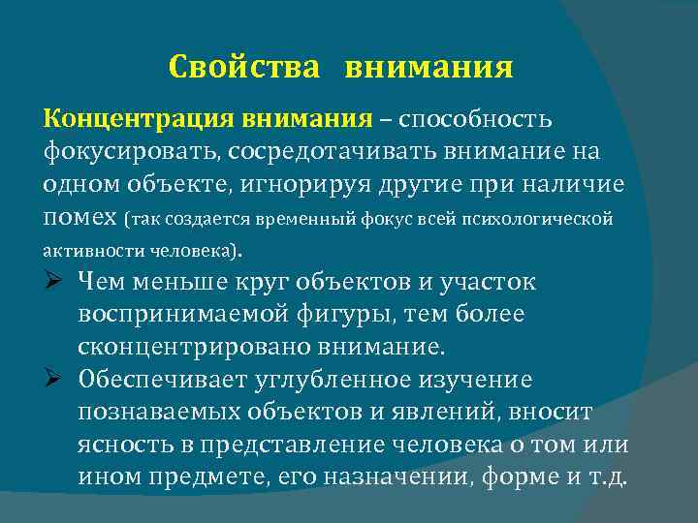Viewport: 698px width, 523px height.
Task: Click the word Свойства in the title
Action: [242, 68]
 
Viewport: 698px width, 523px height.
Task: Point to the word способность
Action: [475, 120]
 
